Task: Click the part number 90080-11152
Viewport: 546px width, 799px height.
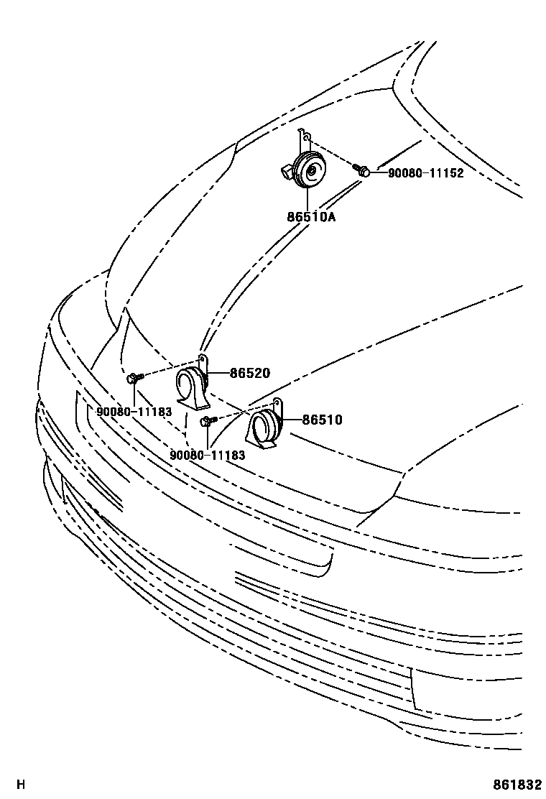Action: tap(426, 173)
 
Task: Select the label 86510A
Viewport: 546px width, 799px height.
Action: tap(312, 216)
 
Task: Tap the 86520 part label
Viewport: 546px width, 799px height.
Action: tap(249, 373)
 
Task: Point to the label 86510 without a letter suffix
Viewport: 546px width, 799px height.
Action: tap(322, 420)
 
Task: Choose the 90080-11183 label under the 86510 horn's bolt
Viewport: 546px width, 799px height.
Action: tap(208, 455)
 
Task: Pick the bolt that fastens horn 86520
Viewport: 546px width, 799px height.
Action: tap(134, 377)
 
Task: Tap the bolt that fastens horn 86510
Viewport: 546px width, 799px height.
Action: tap(207, 421)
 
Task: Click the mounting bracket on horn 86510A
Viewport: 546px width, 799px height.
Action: tap(305, 137)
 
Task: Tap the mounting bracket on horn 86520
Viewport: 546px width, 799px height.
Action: tap(203, 360)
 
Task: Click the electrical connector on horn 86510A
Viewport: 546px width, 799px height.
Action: tap(287, 172)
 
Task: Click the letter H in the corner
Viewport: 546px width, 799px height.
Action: tap(21, 784)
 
